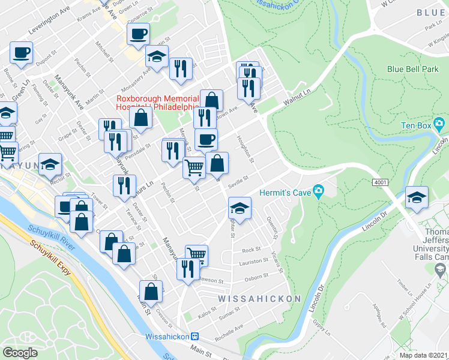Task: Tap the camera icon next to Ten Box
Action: click(439, 125)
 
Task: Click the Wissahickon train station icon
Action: click(194, 337)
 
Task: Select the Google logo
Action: click(20, 353)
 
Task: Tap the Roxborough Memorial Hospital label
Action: click(157, 103)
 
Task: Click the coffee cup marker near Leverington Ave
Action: click(138, 34)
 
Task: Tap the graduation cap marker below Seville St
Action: click(240, 209)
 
